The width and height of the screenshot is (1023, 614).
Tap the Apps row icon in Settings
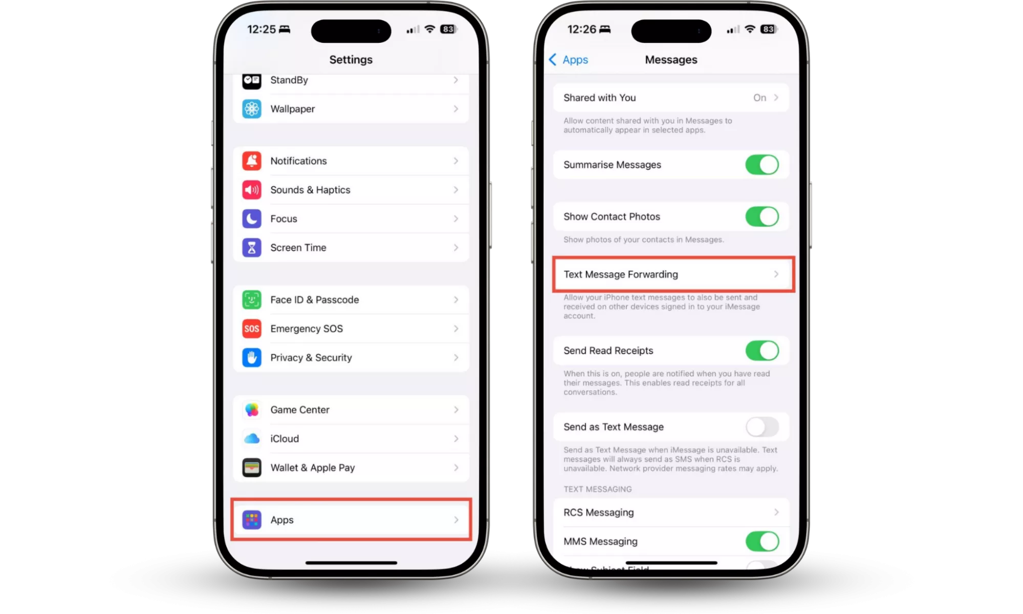click(x=251, y=520)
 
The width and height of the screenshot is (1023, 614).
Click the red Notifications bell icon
click(x=251, y=161)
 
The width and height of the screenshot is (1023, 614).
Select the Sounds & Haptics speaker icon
click(x=251, y=190)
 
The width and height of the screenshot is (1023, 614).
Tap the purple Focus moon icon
click(x=251, y=218)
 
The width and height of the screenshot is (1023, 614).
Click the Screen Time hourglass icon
click(x=251, y=248)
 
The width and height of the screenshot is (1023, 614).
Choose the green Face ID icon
click(x=251, y=300)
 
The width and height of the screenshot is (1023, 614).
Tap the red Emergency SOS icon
click(x=251, y=328)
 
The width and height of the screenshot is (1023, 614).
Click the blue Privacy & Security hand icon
click(x=251, y=358)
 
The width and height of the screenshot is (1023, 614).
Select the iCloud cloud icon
click(x=251, y=438)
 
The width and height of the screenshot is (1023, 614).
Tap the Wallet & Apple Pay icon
click(x=251, y=468)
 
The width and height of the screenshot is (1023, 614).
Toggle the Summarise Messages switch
click(x=762, y=165)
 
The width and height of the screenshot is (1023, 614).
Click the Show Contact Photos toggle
click(x=762, y=216)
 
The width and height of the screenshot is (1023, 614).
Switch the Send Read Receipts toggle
click(x=762, y=350)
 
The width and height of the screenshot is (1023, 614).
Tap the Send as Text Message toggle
click(x=762, y=427)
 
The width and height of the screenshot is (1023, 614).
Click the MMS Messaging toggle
click(x=762, y=541)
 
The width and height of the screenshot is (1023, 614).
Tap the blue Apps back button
click(x=569, y=60)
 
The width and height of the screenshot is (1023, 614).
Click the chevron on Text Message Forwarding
click(x=776, y=274)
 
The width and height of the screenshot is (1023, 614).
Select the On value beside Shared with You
click(x=759, y=98)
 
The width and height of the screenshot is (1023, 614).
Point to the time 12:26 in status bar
click(x=581, y=29)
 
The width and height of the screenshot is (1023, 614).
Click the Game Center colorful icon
click(x=251, y=410)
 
